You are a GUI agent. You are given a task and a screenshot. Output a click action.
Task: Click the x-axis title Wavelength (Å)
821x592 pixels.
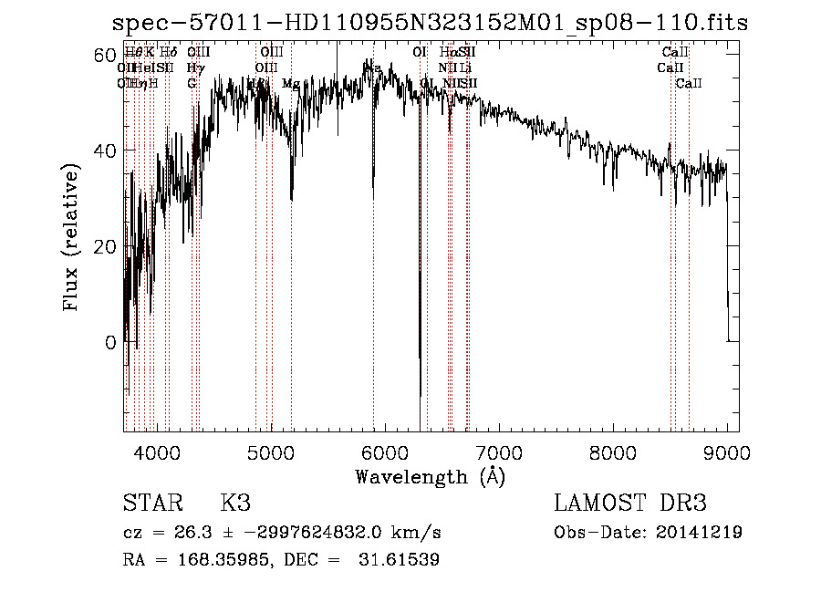point(430,476)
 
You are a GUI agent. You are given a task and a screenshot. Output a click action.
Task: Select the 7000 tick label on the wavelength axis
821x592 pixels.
point(498,452)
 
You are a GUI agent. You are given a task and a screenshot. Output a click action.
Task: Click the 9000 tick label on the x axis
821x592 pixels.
point(726,452)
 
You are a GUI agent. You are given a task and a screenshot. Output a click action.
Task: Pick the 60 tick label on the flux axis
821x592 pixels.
point(103,55)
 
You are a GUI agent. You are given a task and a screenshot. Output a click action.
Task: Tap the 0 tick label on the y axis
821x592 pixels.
point(110,343)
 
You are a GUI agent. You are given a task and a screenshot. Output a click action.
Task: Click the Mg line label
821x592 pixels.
point(290,84)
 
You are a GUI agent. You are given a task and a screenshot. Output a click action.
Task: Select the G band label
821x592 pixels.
point(192,84)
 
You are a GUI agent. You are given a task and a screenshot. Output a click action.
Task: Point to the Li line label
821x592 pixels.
point(465,68)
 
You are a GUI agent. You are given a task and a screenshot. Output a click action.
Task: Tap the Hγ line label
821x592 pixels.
point(194,68)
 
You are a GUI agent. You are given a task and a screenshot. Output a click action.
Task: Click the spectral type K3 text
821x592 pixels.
point(234,504)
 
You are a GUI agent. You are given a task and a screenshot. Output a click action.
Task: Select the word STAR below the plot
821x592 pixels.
point(151,504)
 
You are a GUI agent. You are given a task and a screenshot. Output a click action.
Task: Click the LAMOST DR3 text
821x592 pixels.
point(629,504)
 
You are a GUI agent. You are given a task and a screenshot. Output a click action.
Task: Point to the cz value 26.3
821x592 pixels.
point(189,533)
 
